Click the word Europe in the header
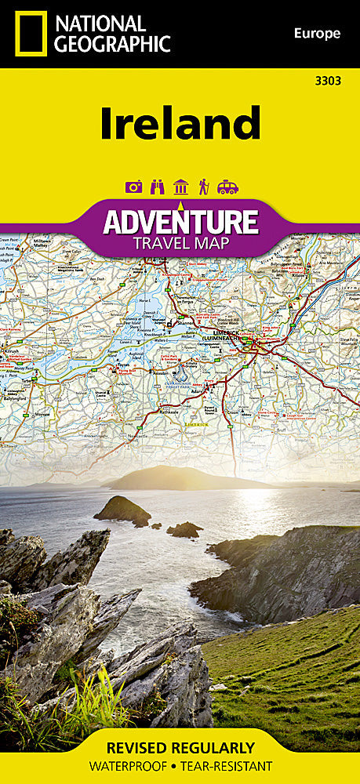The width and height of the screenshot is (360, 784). [317, 33]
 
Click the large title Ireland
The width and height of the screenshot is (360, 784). [180, 125]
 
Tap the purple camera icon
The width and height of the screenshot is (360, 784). [133, 187]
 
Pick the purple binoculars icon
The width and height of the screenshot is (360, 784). [158, 187]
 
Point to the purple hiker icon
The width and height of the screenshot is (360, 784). [203, 187]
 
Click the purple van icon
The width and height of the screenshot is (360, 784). [227, 187]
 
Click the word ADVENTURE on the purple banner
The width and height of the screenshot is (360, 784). [180, 221]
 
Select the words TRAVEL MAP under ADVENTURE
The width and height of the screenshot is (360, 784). [180, 242]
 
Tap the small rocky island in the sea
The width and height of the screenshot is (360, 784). [123, 510]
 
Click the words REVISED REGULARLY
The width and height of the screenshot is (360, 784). [180, 748]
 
